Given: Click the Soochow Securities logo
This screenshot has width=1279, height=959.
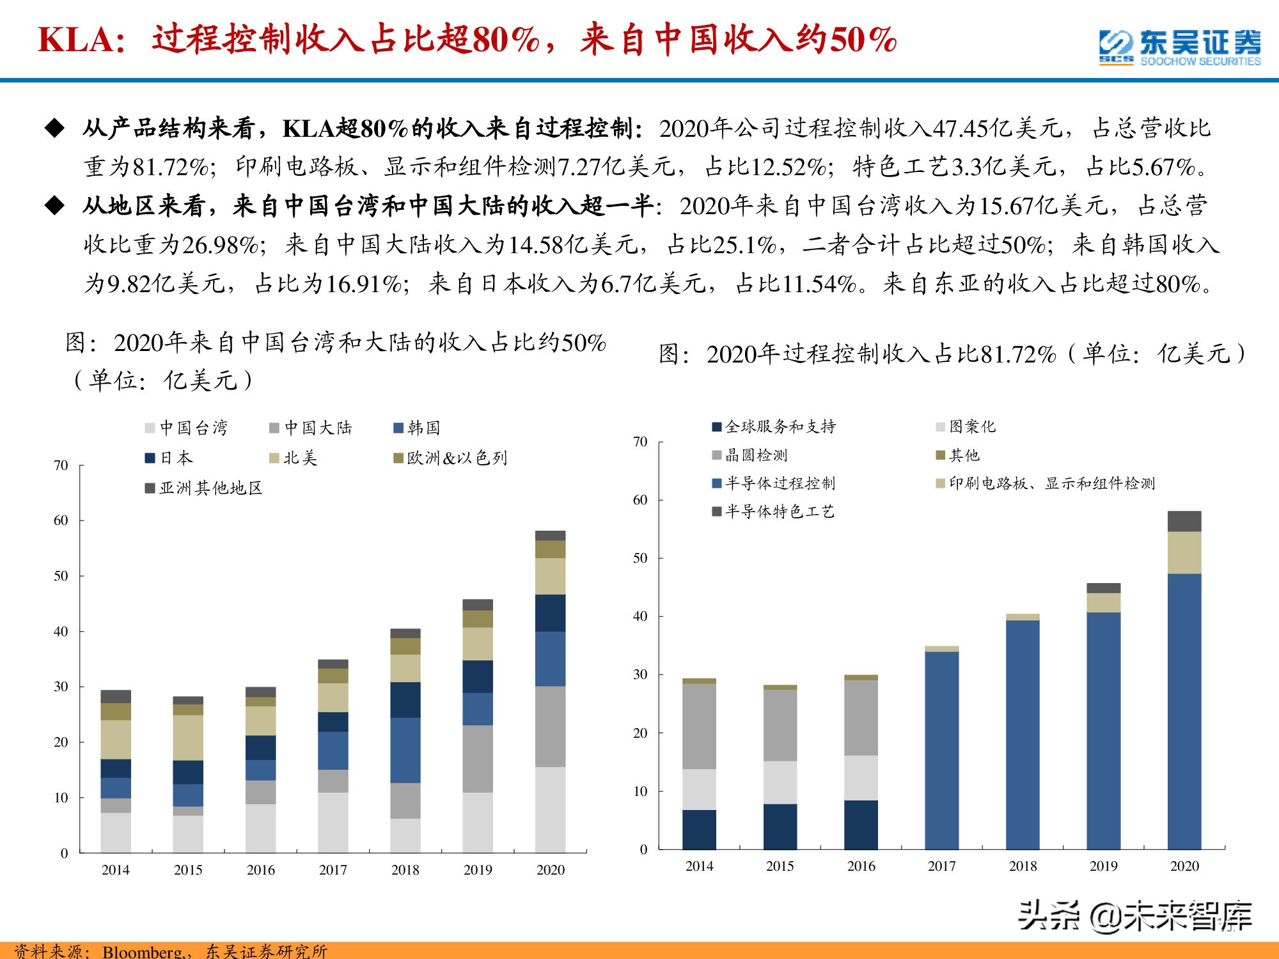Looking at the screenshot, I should coord(1180,46).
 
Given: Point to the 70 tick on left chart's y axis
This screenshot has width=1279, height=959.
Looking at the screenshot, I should coord(61,465).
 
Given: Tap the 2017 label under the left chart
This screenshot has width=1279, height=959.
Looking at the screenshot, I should coord(333,870).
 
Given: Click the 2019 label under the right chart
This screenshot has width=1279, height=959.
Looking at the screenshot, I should coord(1103,866).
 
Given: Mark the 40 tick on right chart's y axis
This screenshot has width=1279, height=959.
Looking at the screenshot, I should coord(640,616).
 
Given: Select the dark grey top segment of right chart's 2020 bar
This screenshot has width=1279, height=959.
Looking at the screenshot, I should coord(1184,521).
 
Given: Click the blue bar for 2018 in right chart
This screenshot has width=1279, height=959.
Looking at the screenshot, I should coord(1023,735).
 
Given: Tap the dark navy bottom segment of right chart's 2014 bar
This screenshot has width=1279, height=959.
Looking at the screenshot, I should coord(699,829).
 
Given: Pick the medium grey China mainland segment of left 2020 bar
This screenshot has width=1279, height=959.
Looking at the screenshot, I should coord(550,726).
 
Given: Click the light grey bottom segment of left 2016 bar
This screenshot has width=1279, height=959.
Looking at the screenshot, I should coord(260,828).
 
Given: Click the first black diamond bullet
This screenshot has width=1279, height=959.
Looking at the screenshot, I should coord(55,129).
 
